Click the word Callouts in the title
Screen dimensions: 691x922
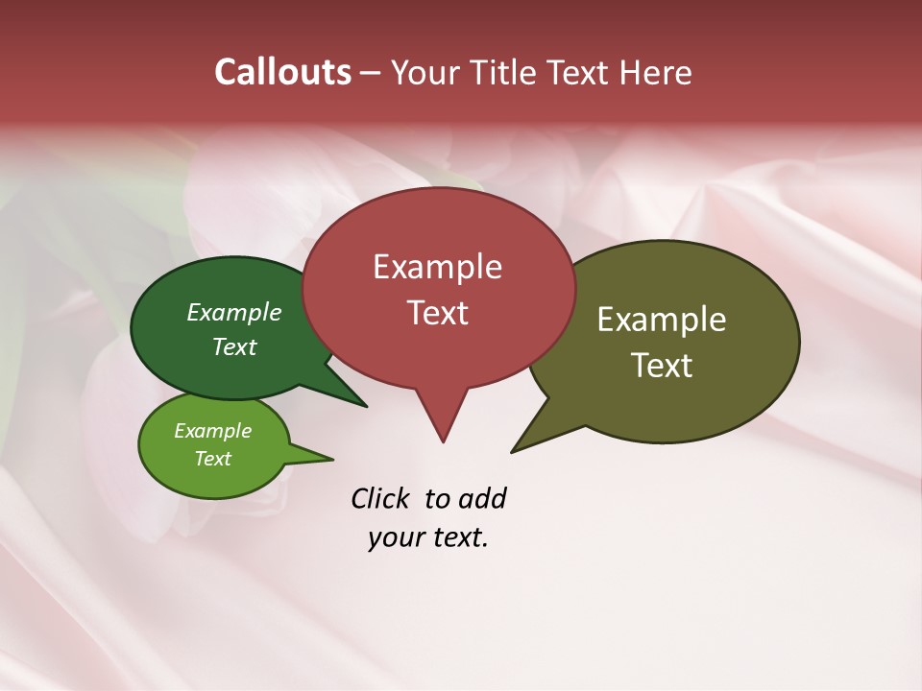[x=282, y=72]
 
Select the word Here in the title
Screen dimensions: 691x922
[x=655, y=72]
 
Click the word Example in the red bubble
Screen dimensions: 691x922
[x=437, y=267]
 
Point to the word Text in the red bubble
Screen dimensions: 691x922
[x=437, y=313]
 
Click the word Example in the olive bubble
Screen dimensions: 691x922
[x=662, y=320]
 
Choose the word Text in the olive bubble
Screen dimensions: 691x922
[x=662, y=366]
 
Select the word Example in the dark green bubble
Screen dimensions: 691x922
[x=234, y=312]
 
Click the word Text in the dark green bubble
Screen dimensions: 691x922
[x=234, y=346]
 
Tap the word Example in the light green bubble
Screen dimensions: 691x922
[x=213, y=431]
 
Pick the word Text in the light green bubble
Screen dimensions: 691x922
[x=213, y=459]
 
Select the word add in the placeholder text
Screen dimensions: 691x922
[x=481, y=498]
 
